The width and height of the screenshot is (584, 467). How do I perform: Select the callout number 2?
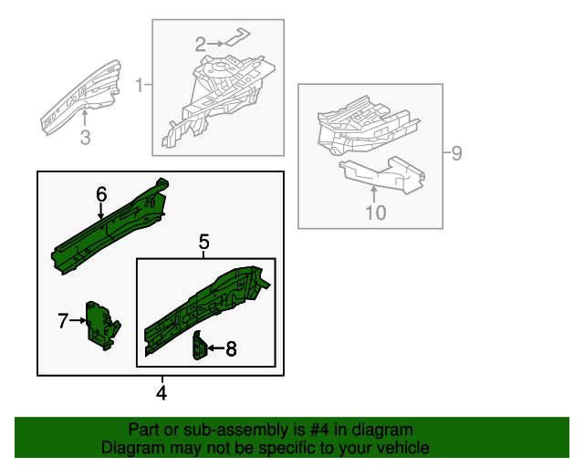[x=201, y=43]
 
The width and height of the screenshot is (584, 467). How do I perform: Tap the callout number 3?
[x=85, y=138]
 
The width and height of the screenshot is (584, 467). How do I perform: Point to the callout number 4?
[x=162, y=394]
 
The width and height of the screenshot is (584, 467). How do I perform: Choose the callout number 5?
[x=204, y=242]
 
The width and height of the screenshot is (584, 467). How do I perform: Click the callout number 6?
[x=101, y=193]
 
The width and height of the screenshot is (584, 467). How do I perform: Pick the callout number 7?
[x=63, y=320]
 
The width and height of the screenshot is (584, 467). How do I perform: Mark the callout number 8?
[x=231, y=348]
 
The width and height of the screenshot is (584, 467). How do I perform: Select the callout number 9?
[x=457, y=152]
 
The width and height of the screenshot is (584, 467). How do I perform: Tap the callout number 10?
[x=375, y=213]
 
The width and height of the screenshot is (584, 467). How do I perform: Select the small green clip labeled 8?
[x=198, y=347]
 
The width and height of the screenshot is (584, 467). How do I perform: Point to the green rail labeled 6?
[x=109, y=228]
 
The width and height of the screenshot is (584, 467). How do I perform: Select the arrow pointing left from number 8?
[x=214, y=348]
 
